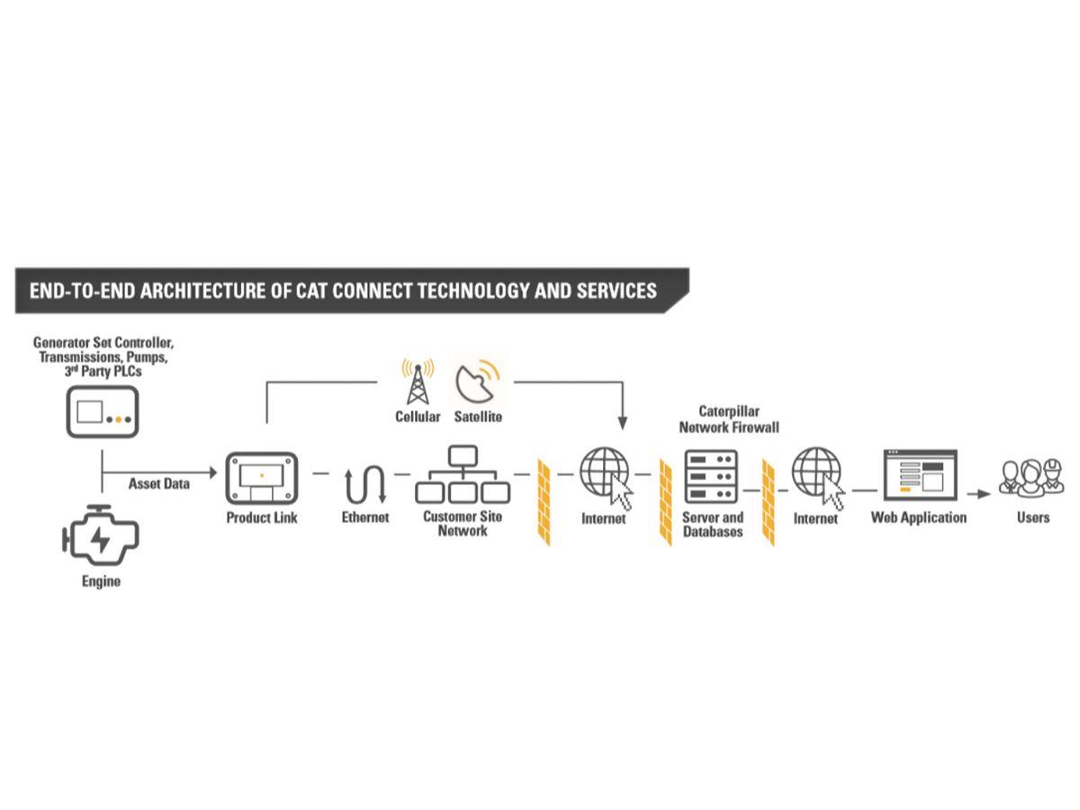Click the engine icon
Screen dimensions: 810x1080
pos(101,537)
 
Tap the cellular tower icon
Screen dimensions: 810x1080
pos(418,382)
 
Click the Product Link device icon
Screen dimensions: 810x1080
pos(261,478)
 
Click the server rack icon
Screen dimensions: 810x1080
pos(712,477)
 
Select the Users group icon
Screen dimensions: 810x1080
pos(1031,479)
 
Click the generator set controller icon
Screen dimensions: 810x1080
pos(101,411)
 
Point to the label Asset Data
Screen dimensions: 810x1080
pos(159,483)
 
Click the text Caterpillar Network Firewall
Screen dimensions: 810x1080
pos(729,419)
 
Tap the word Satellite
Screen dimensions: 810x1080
pos(478,417)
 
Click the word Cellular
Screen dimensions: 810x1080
pos(418,417)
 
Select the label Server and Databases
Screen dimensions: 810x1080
pos(713,525)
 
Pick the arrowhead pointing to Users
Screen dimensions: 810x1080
pos(985,492)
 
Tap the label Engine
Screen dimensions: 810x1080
pos(101,581)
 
